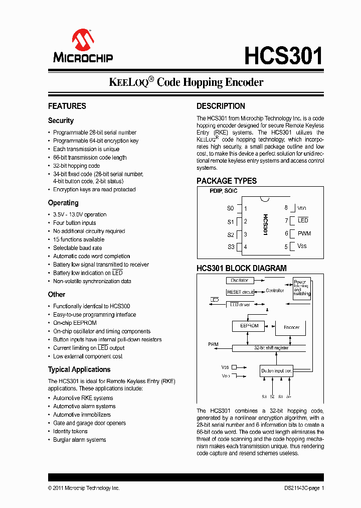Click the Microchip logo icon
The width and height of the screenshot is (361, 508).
(83, 40)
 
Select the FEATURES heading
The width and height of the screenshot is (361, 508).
(67, 106)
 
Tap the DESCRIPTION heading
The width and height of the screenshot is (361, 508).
(221, 106)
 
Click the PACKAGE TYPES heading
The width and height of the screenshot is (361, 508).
(226, 181)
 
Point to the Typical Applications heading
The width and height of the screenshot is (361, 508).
(79, 369)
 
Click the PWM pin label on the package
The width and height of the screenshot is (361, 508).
(304, 233)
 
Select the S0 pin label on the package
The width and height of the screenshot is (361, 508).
(230, 208)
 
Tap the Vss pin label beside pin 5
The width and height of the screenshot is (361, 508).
(302, 246)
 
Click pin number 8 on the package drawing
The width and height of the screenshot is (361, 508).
(286, 207)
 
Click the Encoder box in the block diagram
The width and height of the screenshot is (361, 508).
(291, 327)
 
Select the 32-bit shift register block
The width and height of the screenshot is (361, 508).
(272, 347)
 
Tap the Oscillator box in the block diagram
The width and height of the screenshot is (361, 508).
(240, 281)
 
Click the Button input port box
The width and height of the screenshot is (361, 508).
(276, 371)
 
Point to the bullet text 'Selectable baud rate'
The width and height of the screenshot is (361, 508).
(77, 248)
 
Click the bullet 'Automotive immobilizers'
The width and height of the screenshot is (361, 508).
(82, 415)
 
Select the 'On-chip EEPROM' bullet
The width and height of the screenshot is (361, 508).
(75, 323)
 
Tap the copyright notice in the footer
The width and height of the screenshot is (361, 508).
(84, 488)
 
